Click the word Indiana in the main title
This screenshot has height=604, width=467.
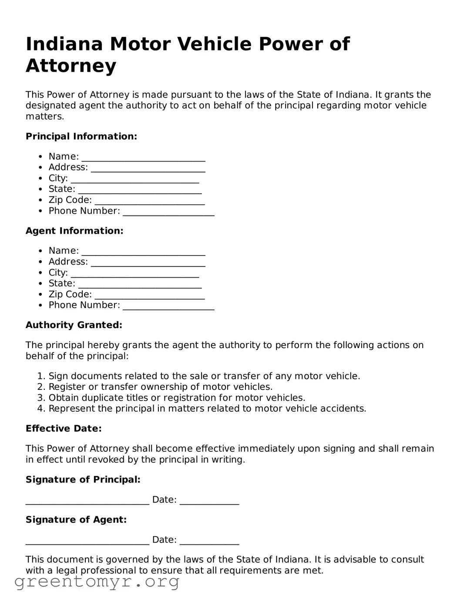(x=64, y=44)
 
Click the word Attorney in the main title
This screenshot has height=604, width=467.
(x=71, y=66)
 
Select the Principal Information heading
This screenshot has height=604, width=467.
(x=81, y=136)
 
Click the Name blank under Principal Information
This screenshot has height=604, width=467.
(x=143, y=158)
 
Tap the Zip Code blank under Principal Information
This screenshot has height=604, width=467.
(x=149, y=201)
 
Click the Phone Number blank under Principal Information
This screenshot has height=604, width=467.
(x=168, y=212)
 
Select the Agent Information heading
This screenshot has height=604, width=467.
(x=74, y=231)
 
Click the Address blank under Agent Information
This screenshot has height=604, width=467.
(x=148, y=263)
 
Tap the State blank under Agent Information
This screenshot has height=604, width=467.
(x=140, y=285)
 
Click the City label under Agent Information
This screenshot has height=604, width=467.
(x=58, y=272)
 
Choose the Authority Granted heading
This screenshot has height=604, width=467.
(x=74, y=325)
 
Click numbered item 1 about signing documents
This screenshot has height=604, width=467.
(x=204, y=376)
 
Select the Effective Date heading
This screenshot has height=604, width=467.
(x=64, y=429)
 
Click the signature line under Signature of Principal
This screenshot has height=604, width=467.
(x=87, y=501)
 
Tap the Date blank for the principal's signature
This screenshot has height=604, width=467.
(x=209, y=501)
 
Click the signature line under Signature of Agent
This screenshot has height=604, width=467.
(x=87, y=541)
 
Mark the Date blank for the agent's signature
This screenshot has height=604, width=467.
(x=209, y=541)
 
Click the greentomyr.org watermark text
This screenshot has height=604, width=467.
(x=97, y=582)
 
